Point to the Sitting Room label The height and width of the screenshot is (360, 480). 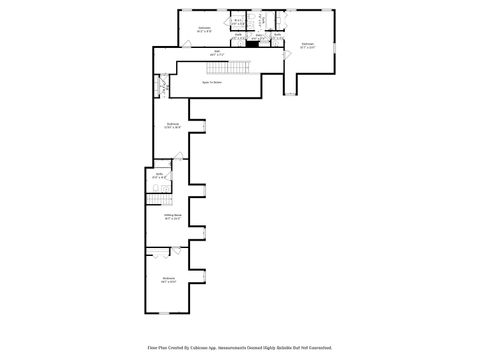[172, 215]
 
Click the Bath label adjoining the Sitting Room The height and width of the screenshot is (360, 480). [158, 176]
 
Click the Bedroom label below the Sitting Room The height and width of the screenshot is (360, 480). [168, 279]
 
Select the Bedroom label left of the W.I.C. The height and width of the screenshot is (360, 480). [204, 28]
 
